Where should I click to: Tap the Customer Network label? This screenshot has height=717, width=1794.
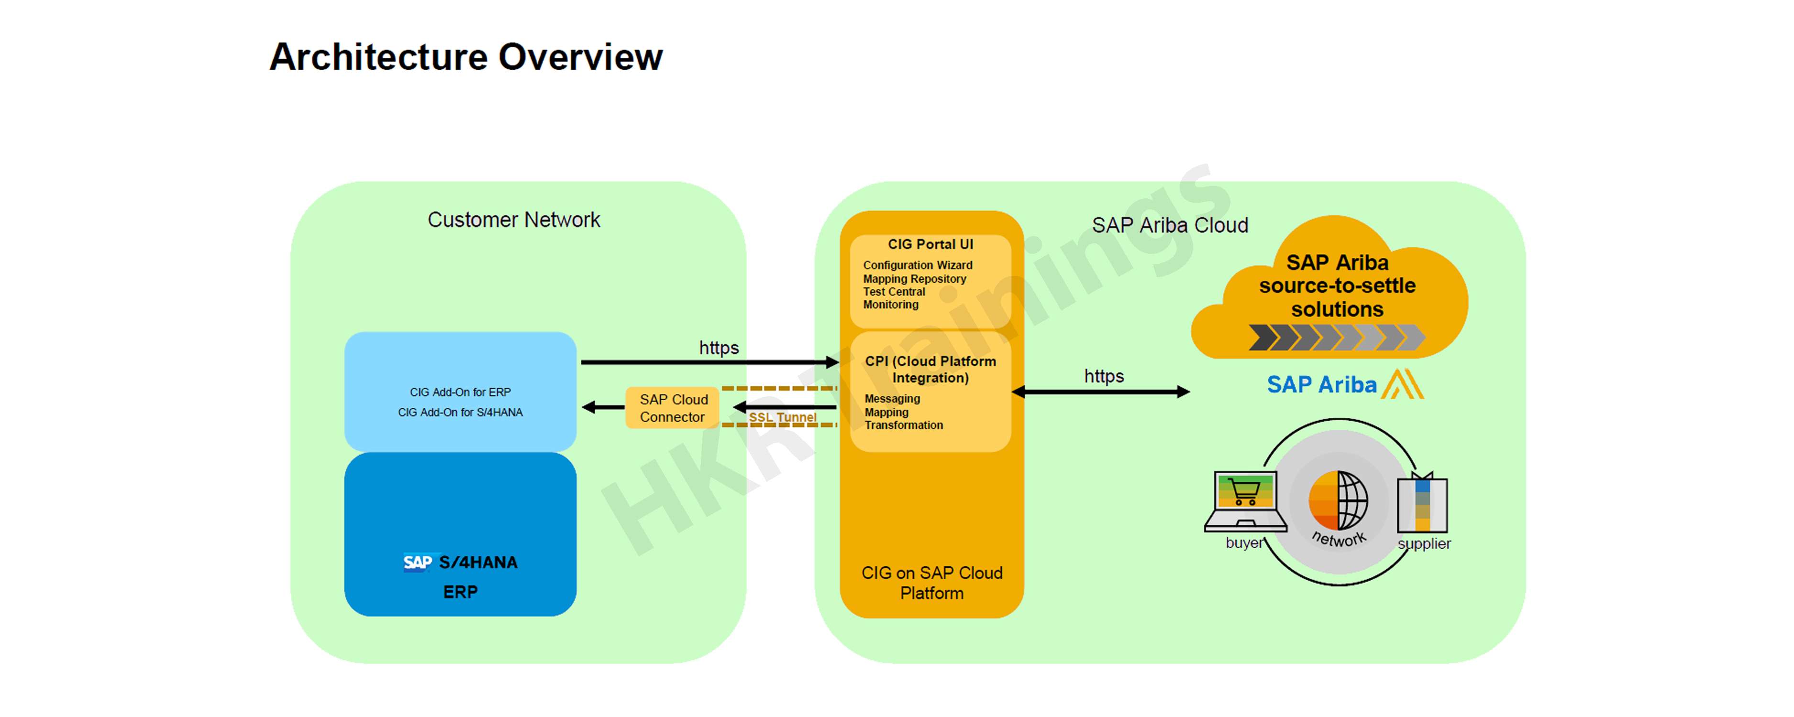coord(513,220)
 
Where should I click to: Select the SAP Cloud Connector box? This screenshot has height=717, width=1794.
coord(673,408)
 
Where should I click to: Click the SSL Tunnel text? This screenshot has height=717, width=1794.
coord(782,417)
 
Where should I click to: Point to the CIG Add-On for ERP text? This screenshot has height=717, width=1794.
coord(460,392)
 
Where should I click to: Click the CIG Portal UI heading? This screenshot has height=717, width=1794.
coord(930,244)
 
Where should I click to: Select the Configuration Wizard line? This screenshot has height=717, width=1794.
coord(917,265)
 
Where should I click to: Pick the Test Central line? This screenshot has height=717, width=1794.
coord(894,292)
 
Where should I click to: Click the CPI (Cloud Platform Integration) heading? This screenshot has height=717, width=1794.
coord(930,369)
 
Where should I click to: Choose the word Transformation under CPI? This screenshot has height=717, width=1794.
coord(903,425)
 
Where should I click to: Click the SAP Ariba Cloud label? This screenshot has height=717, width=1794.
coord(1169,226)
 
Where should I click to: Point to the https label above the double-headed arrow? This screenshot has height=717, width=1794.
coord(1103,377)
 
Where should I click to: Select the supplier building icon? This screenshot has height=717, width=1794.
coord(1422,504)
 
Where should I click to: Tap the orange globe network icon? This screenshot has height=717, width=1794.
coord(1338,500)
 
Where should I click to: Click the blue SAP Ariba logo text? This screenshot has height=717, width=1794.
coord(1321,385)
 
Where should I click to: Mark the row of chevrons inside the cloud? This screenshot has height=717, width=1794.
coord(1336,337)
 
